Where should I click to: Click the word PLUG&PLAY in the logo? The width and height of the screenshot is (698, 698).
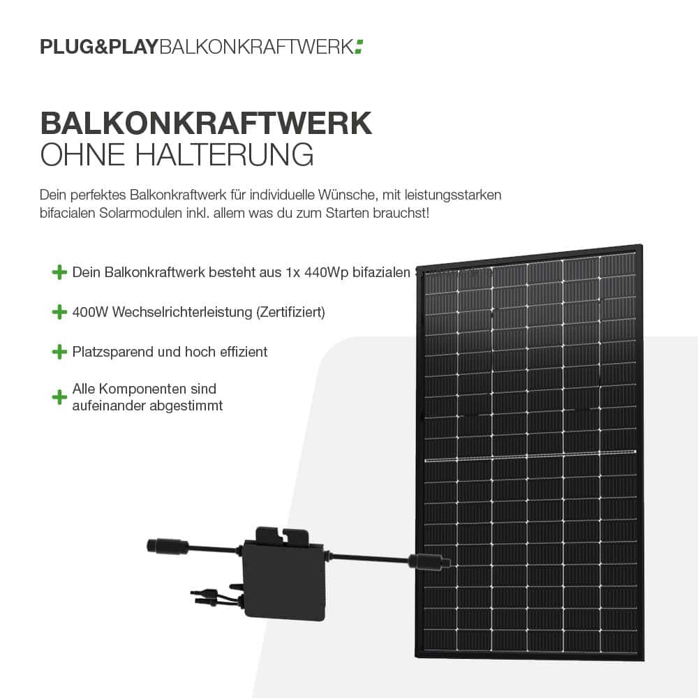pos(99,47)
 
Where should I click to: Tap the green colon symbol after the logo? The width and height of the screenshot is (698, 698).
pos(359,47)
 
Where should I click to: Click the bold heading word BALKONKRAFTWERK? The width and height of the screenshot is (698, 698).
pos(207,123)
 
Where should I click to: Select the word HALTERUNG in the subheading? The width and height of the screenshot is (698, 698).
pos(224,154)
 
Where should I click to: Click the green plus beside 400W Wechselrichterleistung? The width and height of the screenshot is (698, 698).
pos(59,312)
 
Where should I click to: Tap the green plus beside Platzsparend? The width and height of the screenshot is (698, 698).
pos(59,352)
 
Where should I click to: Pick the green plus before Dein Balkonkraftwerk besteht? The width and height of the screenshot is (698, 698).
pos(59,272)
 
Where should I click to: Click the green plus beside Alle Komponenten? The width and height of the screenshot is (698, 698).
pos(59,397)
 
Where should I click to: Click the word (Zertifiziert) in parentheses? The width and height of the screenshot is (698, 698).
pos(291,312)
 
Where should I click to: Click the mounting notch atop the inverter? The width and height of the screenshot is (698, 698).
pos(283,536)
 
